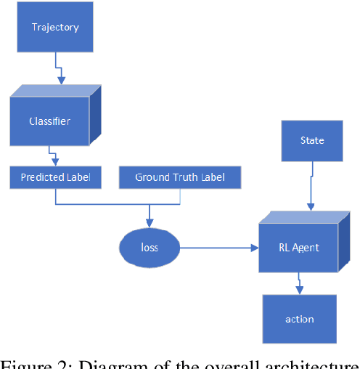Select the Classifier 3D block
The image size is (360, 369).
pos(49,121)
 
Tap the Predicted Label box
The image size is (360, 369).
pos(56,177)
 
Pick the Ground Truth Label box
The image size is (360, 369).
pos(179,177)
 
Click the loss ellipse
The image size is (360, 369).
pos(149,248)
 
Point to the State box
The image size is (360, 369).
pos(312,140)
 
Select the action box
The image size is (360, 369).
pos(299,319)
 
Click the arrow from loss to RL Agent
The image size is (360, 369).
pos(218,248)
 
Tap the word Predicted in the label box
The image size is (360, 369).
pos(42,177)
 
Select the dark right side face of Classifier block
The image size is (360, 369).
pos(94,116)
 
